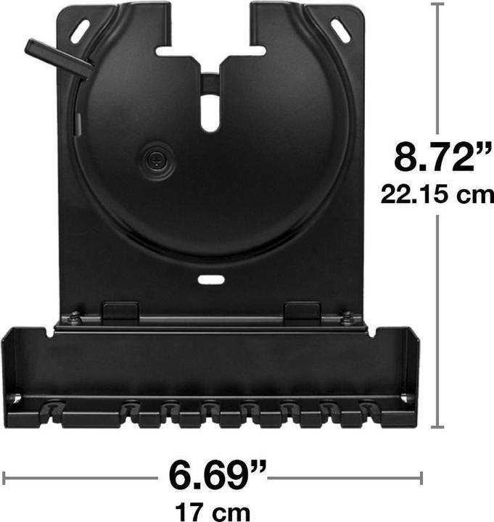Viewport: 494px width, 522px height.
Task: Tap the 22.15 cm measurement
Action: pos(437,194)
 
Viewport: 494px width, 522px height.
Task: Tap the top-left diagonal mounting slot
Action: pos(80,29)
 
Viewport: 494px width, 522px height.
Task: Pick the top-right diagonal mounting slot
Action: pos(340,30)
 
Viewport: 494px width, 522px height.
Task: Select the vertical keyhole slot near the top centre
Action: pos(210,112)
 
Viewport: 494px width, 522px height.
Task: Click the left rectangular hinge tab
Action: pos(120,312)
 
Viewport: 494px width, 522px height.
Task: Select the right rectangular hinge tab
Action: pos(302,312)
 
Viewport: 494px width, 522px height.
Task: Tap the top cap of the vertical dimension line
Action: pos(437,4)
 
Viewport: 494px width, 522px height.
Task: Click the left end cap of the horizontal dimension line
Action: pos(4,477)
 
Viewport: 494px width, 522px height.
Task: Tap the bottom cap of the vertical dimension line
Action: pos(437,427)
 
